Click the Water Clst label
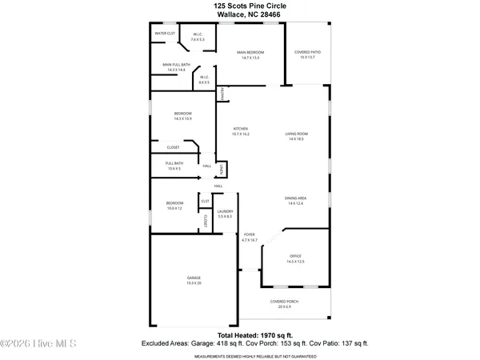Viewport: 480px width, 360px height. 165,34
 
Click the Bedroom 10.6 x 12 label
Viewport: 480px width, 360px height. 174,206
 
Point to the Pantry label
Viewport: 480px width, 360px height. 222,94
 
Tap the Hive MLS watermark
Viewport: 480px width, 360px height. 38,344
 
